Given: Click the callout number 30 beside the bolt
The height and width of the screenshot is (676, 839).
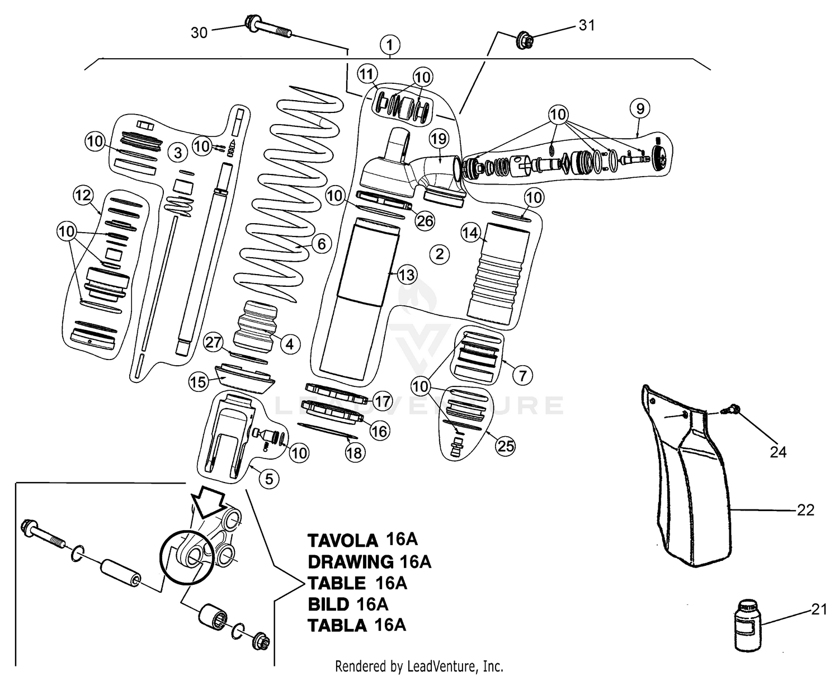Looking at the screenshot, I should (x=199, y=33).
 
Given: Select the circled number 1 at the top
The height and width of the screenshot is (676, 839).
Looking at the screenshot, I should (x=390, y=44).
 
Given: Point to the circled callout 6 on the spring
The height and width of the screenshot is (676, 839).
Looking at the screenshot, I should (x=321, y=244).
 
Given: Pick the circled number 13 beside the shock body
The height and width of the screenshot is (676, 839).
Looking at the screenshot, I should (x=407, y=275).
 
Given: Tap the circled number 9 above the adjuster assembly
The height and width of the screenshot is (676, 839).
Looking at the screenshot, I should (x=640, y=108).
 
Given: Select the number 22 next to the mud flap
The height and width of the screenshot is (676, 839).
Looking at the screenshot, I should (x=805, y=510).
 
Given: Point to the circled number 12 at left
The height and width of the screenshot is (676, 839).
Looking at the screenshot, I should (x=83, y=196).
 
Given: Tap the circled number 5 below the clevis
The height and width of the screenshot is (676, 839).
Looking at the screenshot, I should (x=269, y=479).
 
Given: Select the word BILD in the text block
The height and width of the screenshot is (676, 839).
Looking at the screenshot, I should (x=328, y=604).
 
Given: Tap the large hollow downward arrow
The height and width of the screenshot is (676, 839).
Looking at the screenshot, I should (x=206, y=498).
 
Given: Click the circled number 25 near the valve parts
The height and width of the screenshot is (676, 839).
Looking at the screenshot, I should (x=506, y=446).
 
